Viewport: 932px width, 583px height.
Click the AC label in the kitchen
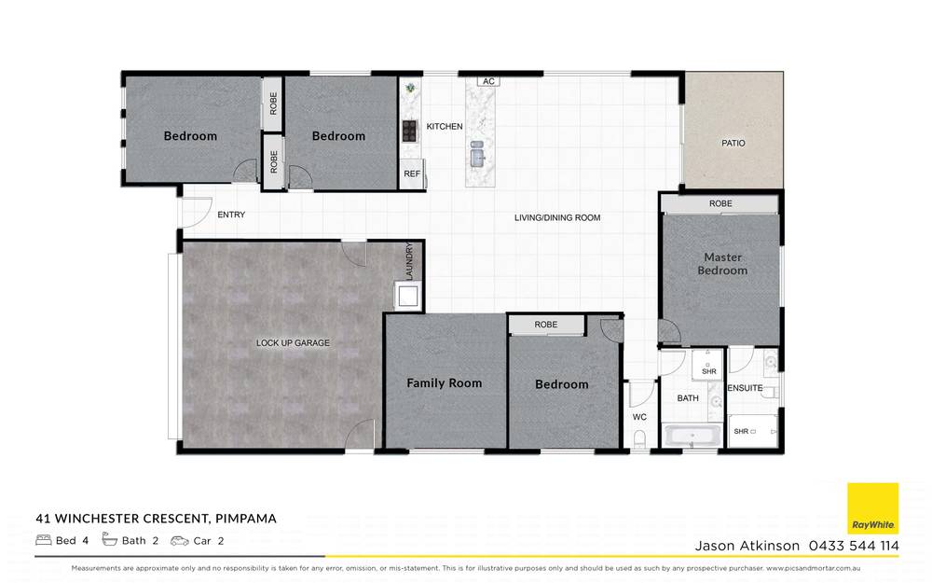487,82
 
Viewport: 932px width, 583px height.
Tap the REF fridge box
411,174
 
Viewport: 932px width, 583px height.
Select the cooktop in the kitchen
409,131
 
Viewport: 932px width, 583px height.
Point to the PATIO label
733,143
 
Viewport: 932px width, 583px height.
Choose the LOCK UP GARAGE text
293,343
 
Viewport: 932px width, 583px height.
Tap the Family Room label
444,383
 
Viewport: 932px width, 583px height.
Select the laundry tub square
408,297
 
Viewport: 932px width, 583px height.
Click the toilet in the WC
639,438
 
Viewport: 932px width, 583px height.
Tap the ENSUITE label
745,388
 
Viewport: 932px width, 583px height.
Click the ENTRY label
231,215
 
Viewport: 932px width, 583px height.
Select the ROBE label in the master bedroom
720,203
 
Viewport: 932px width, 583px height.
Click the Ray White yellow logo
872,508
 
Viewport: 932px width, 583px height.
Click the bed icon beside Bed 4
43,540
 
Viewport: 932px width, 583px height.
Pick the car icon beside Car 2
179,540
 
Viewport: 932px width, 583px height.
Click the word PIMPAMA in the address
245,518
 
